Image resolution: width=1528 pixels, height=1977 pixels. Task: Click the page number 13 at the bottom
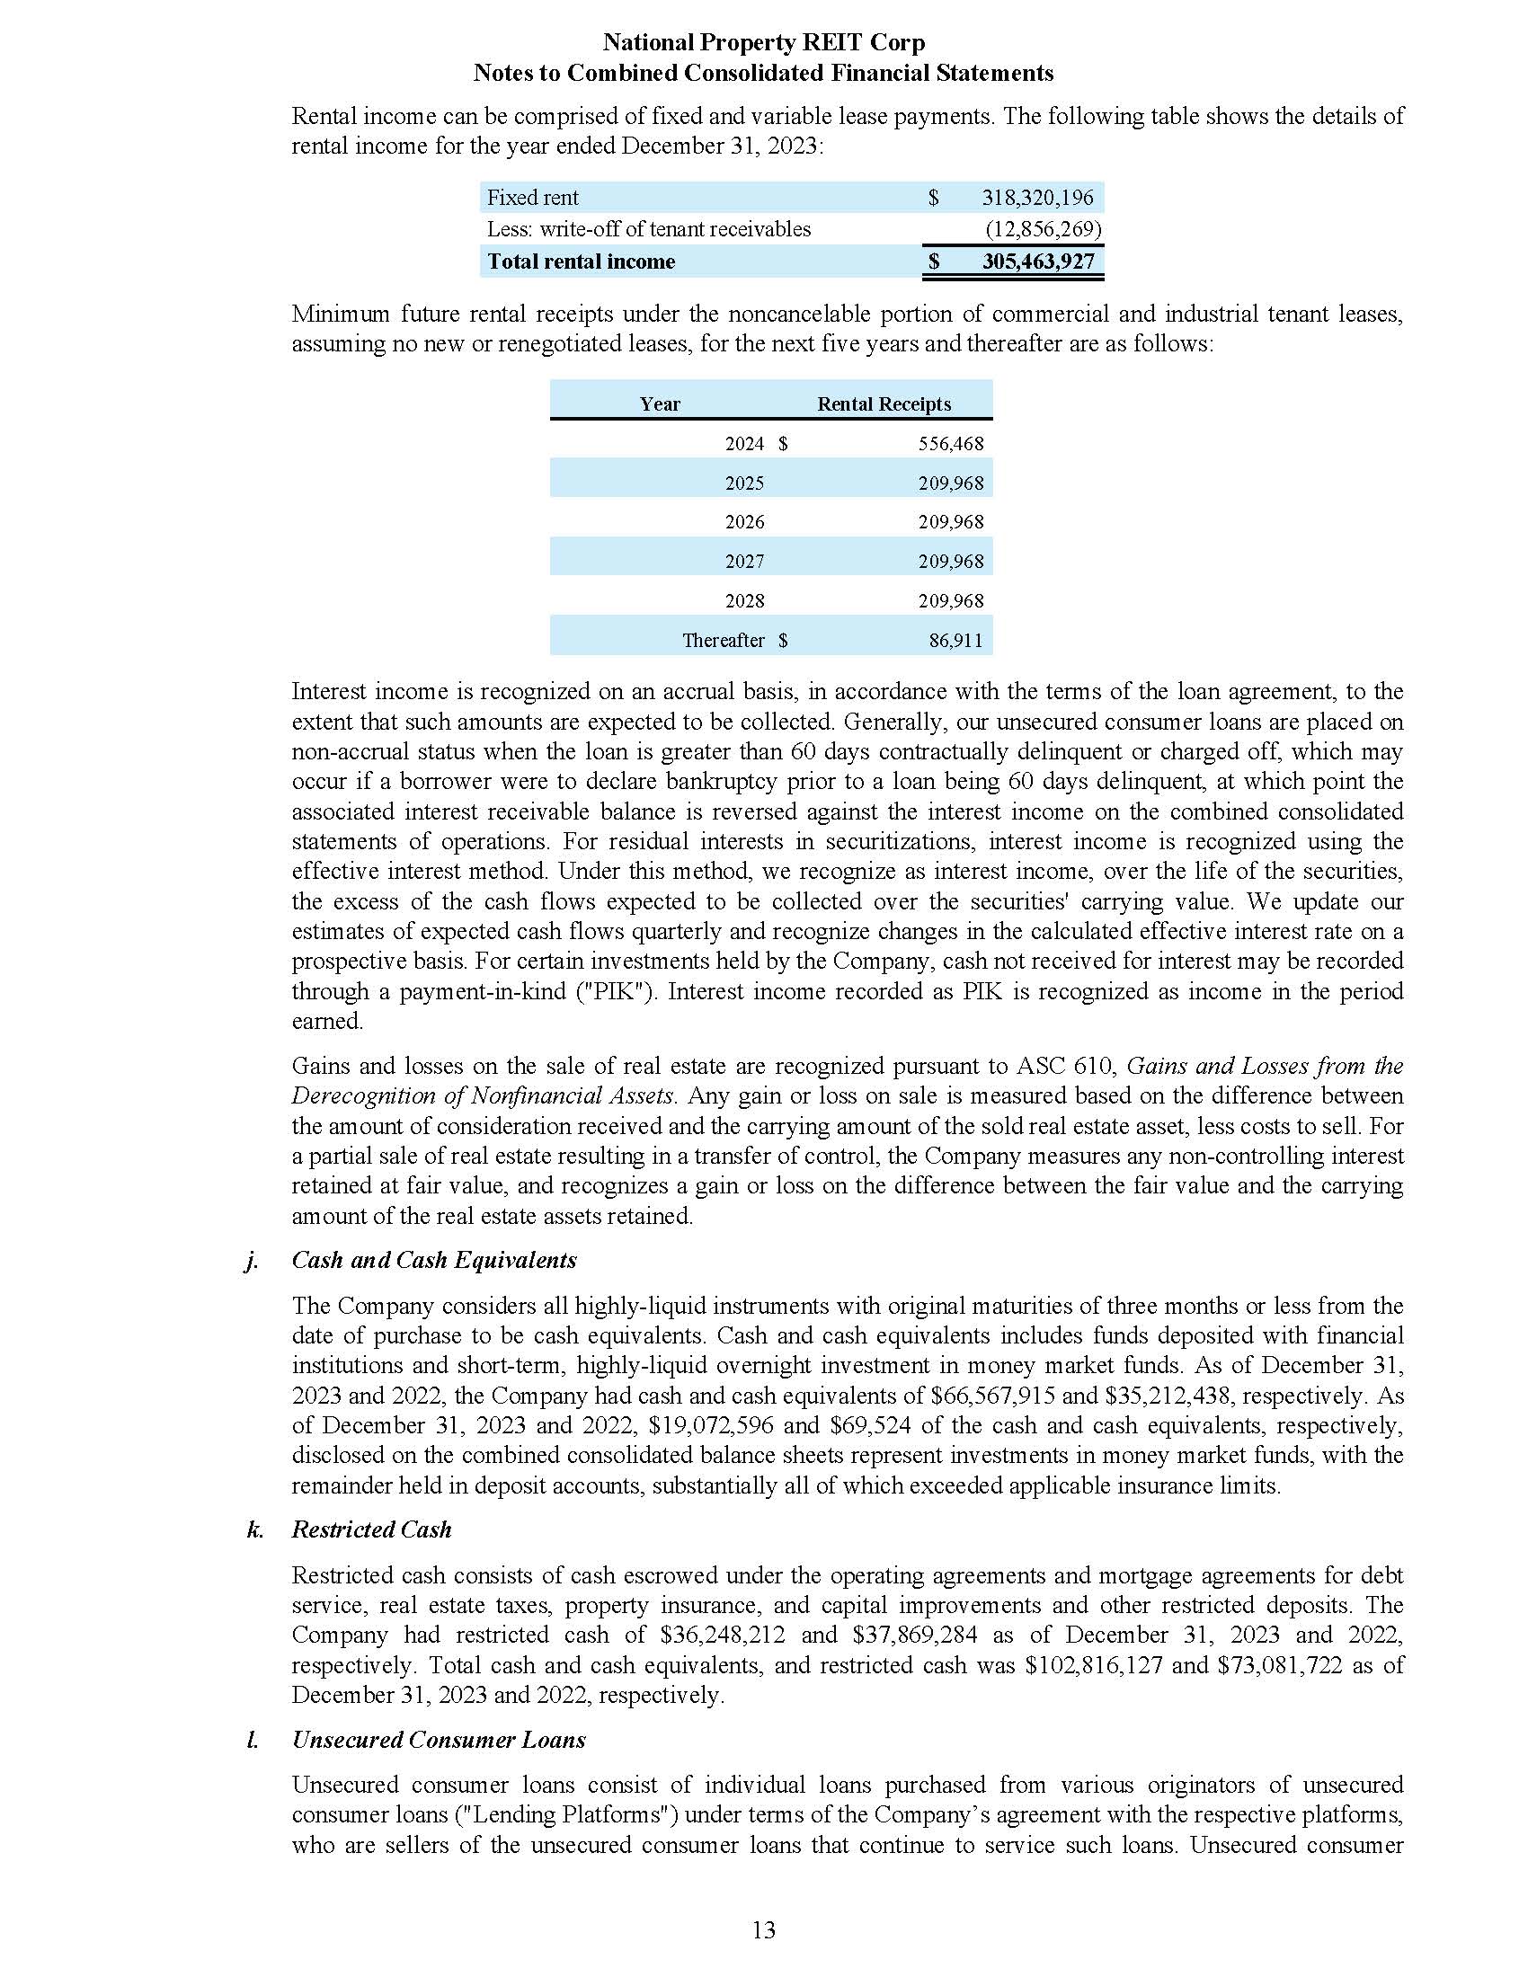coord(763,1931)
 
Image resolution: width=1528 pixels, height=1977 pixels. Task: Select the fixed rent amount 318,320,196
coord(1037,198)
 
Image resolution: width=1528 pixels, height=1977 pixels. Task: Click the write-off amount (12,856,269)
coord(1043,229)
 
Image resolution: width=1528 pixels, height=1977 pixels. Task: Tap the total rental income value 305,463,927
coord(1037,262)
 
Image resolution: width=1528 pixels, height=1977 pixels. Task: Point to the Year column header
coord(660,403)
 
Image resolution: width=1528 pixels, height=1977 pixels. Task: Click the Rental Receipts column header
coord(884,403)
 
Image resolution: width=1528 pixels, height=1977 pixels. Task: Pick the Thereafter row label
coord(724,640)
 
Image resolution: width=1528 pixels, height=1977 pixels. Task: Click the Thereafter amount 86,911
coord(956,640)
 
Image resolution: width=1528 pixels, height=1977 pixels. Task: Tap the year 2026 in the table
coord(744,522)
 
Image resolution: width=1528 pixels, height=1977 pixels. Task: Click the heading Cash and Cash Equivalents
coord(433,1260)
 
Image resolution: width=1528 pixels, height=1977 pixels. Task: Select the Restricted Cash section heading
coord(371,1529)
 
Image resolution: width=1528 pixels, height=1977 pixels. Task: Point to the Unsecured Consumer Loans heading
coord(438,1740)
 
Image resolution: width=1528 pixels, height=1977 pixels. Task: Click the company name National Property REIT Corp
coord(763,42)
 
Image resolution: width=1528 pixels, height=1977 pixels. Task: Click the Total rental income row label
coord(582,262)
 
